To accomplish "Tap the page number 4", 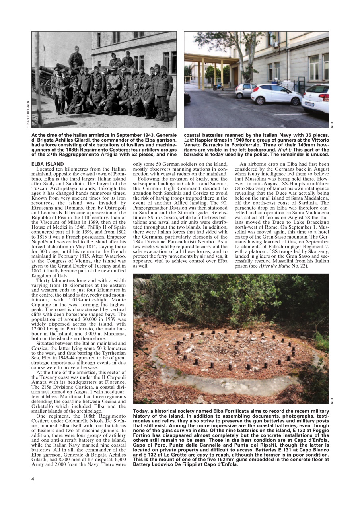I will pyautogui.click(x=33, y=478).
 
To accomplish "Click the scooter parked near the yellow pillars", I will pyautogui.click(x=218, y=86).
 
